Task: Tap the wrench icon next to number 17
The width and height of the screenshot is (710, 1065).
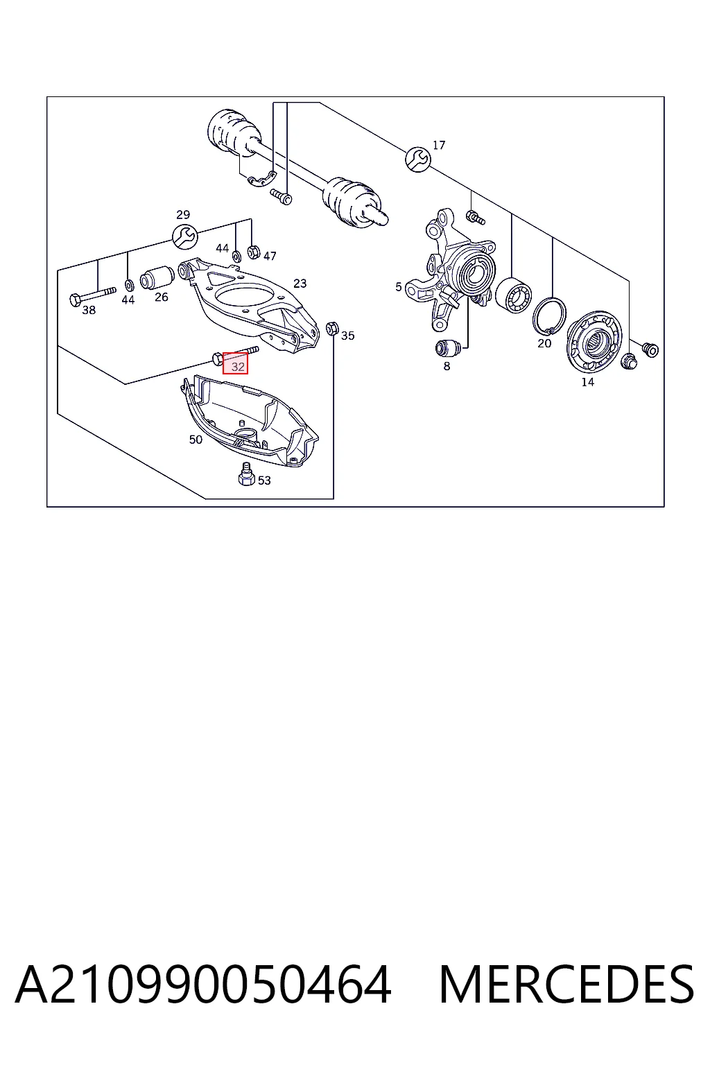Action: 418,159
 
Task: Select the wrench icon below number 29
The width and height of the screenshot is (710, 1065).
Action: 185,236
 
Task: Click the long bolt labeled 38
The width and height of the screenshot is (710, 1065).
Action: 93,295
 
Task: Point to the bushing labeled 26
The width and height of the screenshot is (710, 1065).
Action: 157,277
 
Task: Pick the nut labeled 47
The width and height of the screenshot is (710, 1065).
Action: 254,251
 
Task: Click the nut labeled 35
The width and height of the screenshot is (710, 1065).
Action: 331,328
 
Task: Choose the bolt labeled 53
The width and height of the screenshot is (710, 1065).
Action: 246,474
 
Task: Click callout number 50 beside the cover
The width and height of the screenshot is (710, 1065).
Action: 196,440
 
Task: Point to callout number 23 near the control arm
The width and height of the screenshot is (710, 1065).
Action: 300,284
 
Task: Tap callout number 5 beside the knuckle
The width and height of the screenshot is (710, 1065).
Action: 398,286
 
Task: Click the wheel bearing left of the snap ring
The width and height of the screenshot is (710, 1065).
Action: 513,294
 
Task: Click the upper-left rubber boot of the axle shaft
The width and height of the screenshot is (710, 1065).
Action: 235,132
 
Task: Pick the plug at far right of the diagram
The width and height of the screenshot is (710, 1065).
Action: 650,349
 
